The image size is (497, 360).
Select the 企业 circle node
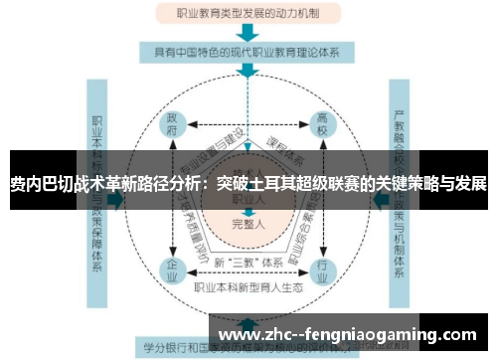(173, 268)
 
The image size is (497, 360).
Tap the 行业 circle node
(320, 268)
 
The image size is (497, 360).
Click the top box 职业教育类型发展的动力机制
(248, 15)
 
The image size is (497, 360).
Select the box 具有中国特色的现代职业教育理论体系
(248, 51)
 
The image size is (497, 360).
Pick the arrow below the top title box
(248, 32)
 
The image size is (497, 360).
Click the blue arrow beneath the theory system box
(248, 72)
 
